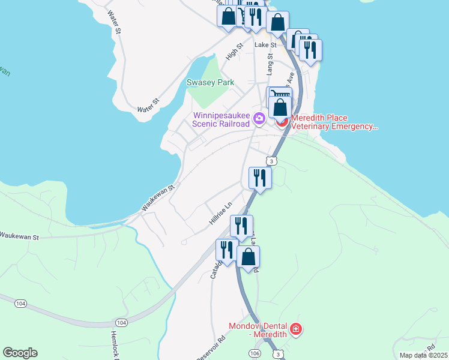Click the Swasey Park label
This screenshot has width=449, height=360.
point(209,82)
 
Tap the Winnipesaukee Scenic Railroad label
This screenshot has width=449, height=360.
point(220,120)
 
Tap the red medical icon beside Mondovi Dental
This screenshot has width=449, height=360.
point(295,329)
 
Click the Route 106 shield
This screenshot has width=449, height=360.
point(256,353)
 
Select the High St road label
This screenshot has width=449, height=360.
point(234,52)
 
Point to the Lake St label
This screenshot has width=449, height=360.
point(265,44)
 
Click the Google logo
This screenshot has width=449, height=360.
point(20,353)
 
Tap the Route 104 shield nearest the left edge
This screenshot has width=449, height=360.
point(21,304)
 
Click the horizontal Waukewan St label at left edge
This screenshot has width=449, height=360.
point(19,236)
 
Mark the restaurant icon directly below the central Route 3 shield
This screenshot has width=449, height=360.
point(260,178)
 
